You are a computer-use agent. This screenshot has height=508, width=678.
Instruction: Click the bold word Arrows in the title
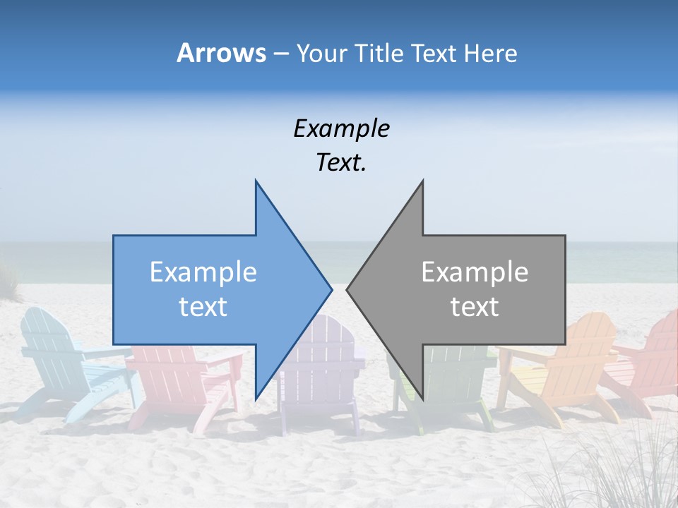pyautogui.click(x=221, y=53)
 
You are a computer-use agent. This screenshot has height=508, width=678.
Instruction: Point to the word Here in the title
pyautogui.click(x=491, y=53)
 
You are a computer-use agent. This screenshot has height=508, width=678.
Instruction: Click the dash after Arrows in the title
pyautogui.click(x=281, y=54)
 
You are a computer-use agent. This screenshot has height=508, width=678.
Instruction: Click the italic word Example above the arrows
pyautogui.click(x=341, y=129)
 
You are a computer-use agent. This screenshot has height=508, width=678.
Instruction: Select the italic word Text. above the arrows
pyautogui.click(x=341, y=163)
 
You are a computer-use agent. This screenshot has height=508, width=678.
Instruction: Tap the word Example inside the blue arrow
pyautogui.click(x=203, y=272)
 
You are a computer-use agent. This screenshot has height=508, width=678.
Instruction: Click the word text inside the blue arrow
pyautogui.click(x=203, y=307)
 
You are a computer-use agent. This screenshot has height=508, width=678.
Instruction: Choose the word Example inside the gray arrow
pyautogui.click(x=475, y=272)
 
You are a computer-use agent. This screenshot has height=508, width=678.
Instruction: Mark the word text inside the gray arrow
pyautogui.click(x=475, y=307)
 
